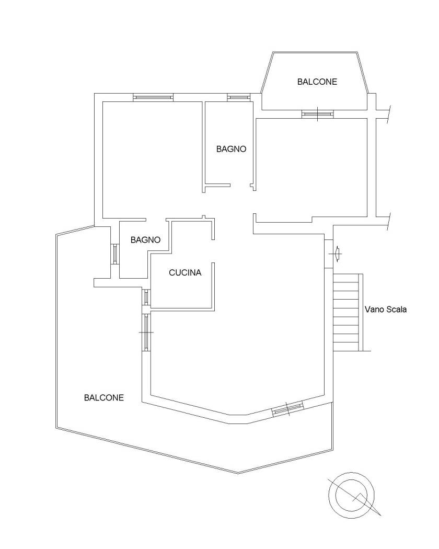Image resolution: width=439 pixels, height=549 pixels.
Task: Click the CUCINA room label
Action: pos(185,272)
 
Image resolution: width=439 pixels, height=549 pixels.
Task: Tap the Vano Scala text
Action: pos(386,310)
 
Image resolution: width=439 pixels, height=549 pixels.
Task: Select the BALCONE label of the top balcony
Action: pos(317,82)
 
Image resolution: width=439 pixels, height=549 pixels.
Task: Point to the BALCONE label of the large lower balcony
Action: pos(104,397)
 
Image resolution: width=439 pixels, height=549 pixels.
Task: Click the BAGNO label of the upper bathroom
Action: pos(231,149)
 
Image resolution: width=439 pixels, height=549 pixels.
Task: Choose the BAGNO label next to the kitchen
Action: pos(145,240)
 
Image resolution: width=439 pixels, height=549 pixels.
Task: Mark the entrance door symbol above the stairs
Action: pos(337,254)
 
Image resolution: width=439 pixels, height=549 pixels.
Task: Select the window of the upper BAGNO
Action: pos(238,97)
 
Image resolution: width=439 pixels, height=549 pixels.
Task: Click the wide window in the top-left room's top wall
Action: pos(153,97)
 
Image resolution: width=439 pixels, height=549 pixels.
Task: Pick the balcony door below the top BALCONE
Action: pos(318,113)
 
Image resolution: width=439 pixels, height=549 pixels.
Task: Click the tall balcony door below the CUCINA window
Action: pos(146,332)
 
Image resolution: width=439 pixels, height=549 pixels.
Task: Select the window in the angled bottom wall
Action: pos(288,408)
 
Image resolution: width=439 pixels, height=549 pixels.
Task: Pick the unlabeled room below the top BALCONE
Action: pos(311,168)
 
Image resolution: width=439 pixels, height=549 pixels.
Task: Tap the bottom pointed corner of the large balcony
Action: pos(238,473)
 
